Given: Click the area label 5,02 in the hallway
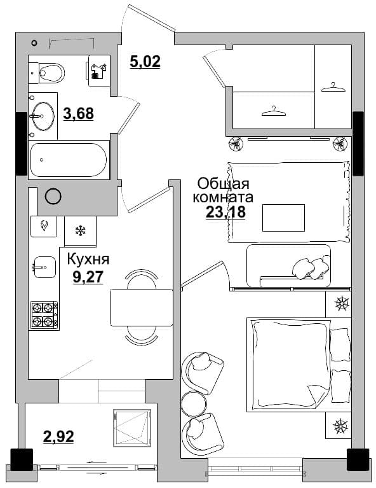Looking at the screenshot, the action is click(x=145, y=61).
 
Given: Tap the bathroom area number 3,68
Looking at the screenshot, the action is click(x=78, y=114).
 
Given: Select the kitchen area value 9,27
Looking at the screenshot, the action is click(x=88, y=277).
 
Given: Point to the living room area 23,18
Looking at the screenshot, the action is click(x=225, y=213).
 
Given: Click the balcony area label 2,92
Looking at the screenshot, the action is click(x=58, y=436).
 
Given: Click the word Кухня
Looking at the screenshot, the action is click(x=88, y=259).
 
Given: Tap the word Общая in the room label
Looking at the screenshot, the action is click(x=224, y=184).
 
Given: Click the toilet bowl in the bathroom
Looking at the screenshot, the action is click(x=46, y=73).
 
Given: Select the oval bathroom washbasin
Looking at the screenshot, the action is click(x=43, y=116).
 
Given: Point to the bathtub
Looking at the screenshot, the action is click(x=69, y=160).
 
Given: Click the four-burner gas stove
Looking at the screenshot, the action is click(x=44, y=315).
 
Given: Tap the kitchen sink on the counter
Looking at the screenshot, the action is click(x=44, y=267).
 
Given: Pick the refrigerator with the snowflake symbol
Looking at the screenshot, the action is click(x=81, y=231).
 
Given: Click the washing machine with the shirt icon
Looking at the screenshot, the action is click(x=99, y=71).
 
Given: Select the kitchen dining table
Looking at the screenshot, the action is click(x=142, y=307).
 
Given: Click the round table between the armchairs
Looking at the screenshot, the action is click(x=193, y=402).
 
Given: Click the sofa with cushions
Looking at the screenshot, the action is click(x=288, y=265).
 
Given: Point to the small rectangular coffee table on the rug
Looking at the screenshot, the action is click(x=283, y=218).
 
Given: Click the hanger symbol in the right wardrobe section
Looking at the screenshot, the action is click(x=333, y=87).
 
